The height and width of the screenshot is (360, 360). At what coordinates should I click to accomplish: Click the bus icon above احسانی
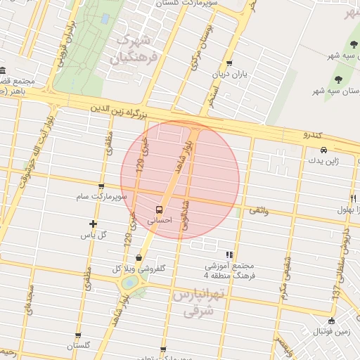tap(160, 209)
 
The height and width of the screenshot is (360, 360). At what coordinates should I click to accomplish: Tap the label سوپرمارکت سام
tap(103, 197)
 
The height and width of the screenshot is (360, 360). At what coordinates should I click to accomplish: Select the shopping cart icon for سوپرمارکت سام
tap(102, 187)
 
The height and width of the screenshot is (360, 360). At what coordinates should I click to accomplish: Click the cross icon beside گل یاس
tap(93, 224)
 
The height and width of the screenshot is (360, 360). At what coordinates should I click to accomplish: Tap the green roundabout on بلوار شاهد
tap(131, 283)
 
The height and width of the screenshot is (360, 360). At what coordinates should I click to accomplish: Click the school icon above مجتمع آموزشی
tap(229, 255)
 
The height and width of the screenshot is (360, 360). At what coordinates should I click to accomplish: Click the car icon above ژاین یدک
tap(323, 150)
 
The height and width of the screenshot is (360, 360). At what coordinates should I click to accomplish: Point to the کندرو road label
tap(311, 134)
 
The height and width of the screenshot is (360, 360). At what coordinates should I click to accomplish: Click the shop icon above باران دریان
tap(229, 63)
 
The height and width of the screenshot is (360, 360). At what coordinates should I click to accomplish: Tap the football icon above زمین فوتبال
tap(332, 321)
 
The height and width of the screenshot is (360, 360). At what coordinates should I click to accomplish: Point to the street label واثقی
tap(259, 210)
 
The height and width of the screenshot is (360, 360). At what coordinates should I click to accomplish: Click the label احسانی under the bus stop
tap(159, 220)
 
